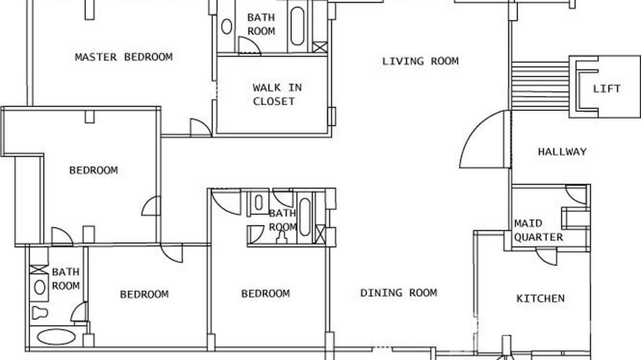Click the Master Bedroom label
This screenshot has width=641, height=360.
(x=124, y=57)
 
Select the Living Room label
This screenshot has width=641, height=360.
(x=420, y=61)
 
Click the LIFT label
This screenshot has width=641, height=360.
(x=607, y=89)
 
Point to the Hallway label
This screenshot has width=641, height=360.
(x=562, y=152)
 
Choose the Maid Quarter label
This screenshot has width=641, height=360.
(x=538, y=230)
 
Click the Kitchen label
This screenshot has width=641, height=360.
(x=540, y=298)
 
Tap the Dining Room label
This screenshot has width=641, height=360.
(x=398, y=293)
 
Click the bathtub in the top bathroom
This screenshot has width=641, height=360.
(x=297, y=26)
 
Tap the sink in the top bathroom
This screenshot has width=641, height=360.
(x=227, y=27)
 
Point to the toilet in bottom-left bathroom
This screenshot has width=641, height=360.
(x=39, y=313)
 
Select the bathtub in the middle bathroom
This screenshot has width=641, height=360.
(x=305, y=217)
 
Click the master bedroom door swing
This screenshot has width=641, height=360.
(x=200, y=128)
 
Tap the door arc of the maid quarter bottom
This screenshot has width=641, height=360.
(x=546, y=257)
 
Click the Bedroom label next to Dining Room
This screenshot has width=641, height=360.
(x=265, y=293)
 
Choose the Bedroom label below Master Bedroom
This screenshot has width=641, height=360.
(x=94, y=170)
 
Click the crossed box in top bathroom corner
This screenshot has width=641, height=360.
(x=320, y=47)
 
